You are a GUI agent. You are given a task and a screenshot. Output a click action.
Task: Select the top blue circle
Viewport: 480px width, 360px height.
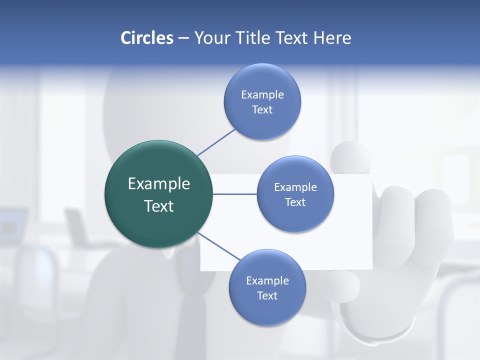pyautogui.click(x=262, y=101)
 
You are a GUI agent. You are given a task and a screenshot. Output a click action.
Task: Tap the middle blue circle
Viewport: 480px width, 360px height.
pyautogui.click(x=295, y=194)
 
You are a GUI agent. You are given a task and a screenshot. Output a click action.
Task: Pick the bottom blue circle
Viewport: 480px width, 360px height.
pyautogui.click(x=267, y=287)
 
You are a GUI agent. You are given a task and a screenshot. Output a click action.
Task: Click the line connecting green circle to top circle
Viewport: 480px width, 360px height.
pyautogui.click(x=216, y=142)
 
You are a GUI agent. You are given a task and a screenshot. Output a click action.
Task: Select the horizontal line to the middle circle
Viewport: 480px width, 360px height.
pyautogui.click(x=234, y=194)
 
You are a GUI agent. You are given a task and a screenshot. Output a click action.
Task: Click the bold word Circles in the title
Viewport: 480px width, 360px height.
pyautogui.click(x=147, y=38)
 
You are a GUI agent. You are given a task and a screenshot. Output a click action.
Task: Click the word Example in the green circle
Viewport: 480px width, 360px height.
pyautogui.click(x=159, y=184)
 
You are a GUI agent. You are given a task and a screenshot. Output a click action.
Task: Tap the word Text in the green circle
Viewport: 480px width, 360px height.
pyautogui.click(x=159, y=206)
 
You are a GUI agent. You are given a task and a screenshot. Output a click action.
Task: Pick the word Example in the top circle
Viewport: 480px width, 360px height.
pyautogui.click(x=262, y=94)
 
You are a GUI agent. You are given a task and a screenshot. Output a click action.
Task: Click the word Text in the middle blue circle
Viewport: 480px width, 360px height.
pyautogui.click(x=295, y=202)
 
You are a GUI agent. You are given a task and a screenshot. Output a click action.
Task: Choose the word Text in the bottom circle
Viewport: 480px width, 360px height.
pyautogui.click(x=267, y=295)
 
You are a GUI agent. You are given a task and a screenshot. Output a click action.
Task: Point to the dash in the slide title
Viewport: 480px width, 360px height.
pyautogui.click(x=183, y=38)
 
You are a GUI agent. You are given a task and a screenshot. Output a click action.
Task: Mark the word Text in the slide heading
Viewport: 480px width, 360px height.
pyautogui.click(x=292, y=38)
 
